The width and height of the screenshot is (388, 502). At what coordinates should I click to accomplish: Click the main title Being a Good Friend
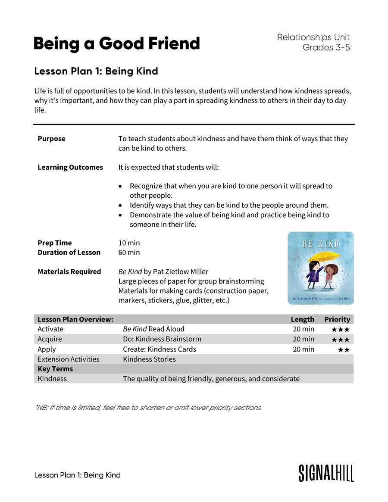pyautogui.click(x=116, y=44)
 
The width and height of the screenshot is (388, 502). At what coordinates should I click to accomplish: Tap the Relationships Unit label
pyautogui.click(x=313, y=37)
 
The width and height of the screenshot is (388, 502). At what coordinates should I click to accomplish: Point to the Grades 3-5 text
pyautogui.click(x=326, y=47)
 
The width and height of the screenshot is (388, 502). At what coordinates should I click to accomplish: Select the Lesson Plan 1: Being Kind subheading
pyautogui.click(x=96, y=71)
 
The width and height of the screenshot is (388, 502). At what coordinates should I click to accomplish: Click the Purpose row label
pyautogui.click(x=52, y=139)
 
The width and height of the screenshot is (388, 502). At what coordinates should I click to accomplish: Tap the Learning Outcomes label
pyautogui.click(x=70, y=167)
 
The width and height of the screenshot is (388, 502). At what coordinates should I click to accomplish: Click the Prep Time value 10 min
pyautogui.click(x=129, y=243)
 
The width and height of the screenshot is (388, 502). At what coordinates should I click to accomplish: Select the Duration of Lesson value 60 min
pyautogui.click(x=129, y=253)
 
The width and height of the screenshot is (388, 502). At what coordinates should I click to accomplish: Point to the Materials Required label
pyautogui.click(x=69, y=271)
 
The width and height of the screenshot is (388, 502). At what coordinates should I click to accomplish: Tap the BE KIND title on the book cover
pyautogui.click(x=320, y=244)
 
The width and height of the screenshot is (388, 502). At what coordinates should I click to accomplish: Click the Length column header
pyautogui.click(x=302, y=319)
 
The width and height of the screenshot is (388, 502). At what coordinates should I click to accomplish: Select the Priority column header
pyautogui.click(x=337, y=319)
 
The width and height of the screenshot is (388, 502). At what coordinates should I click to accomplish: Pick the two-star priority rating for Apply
pyautogui.click(x=344, y=349)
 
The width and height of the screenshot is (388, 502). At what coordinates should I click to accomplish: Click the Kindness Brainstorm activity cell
pyautogui.click(x=162, y=339)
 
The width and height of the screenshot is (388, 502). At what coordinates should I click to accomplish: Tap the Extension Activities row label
pyautogui.click(x=69, y=359)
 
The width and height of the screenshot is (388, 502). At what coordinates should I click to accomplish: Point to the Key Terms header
pyautogui.click(x=56, y=369)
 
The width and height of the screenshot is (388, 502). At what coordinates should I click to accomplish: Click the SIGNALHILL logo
pyautogui.click(x=326, y=473)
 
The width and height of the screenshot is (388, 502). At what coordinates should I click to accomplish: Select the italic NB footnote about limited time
pyautogui.click(x=149, y=407)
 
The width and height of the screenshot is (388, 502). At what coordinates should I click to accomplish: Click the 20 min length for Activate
pyautogui.click(x=304, y=329)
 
